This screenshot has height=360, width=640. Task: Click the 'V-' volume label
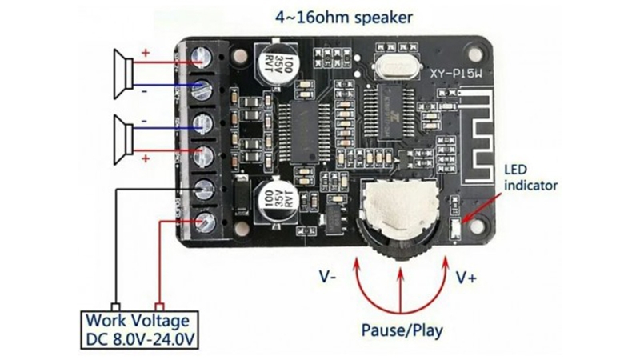pyautogui.click(x=327, y=278)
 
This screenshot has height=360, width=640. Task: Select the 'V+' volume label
pyautogui.click(x=467, y=278)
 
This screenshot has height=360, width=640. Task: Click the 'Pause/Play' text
pyautogui.click(x=402, y=330)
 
